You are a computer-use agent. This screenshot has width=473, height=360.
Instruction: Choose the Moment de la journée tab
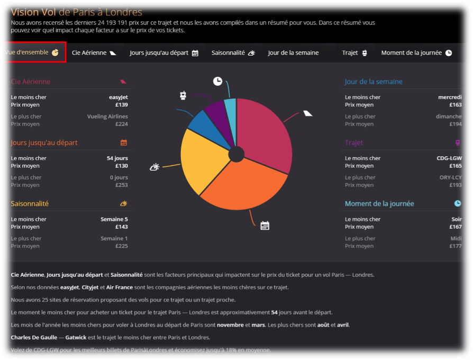coord(416,53)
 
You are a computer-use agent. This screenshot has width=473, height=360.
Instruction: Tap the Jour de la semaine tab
coord(293,53)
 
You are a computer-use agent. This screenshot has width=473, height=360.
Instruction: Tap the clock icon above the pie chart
coord(217,81)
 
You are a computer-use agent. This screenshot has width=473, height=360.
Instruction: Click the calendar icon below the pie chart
coord(265,226)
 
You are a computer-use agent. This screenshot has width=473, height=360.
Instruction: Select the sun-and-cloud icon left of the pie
coord(154,167)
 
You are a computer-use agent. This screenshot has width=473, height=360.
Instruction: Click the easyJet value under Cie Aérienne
coord(119,97)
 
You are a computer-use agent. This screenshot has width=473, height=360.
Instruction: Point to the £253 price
coord(121,185)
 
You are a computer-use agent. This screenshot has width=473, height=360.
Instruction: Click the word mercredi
coord(450,97)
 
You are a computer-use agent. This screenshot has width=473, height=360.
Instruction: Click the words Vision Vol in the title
coord(33,12)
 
